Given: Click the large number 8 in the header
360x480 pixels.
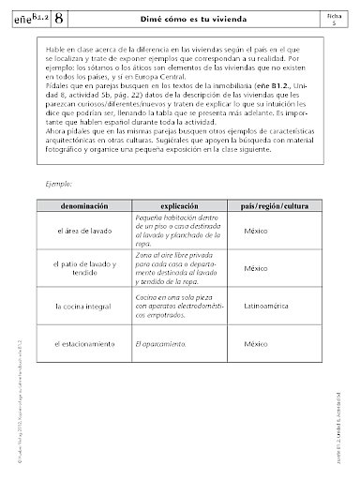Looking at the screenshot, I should click(61, 17).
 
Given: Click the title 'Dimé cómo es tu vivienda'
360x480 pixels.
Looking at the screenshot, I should click(197, 17).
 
